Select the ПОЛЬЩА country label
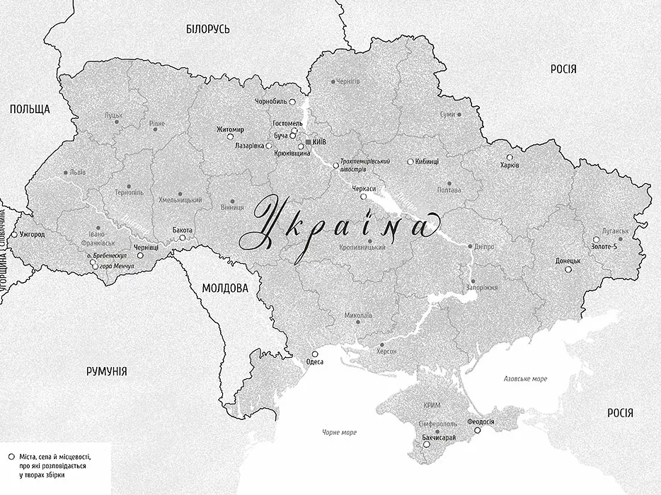pyautogui.click(x=29, y=109)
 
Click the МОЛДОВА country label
pyautogui.click(x=225, y=289)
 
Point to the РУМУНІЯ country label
pyautogui.click(x=106, y=371)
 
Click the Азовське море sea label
pyautogui.click(x=525, y=379)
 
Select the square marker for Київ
pyautogui.click(x=307, y=142)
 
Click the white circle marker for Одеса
pyautogui.click(x=315, y=354)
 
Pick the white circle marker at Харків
pyautogui.click(x=509, y=157)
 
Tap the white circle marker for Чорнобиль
pyautogui.click(x=292, y=102)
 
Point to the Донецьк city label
pyautogui.click(x=568, y=260)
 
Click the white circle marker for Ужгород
pyautogui.click(x=13, y=233)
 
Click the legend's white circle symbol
pyautogui.click(x=12, y=458)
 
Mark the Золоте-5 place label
pyautogui.click(x=604, y=247)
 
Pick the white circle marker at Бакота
pyautogui.click(x=183, y=238)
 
